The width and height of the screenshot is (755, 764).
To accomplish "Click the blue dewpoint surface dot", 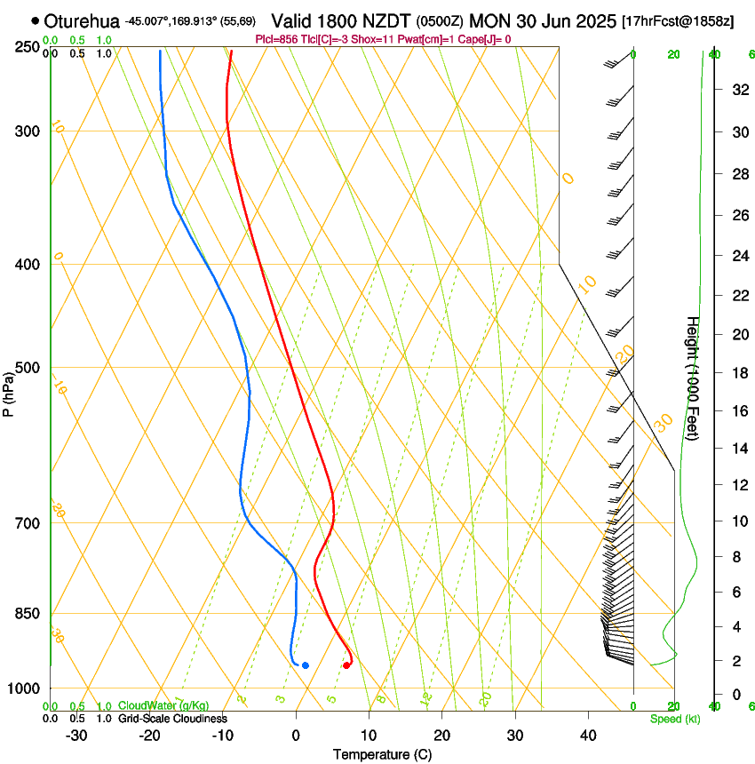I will (x=305, y=665).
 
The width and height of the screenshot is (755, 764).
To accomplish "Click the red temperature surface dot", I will (x=346, y=665).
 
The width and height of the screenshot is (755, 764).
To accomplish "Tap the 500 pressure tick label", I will (x=28, y=368).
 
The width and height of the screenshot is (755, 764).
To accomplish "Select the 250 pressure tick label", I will (x=28, y=47).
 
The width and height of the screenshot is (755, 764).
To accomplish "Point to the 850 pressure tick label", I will (x=28, y=613).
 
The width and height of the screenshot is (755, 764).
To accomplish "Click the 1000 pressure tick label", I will (x=24, y=688).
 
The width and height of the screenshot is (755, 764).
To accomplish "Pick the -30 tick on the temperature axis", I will (x=76, y=735).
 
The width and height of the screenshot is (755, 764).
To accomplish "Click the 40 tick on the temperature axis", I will (x=588, y=735).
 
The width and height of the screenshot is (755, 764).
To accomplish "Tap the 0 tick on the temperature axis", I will (x=296, y=735).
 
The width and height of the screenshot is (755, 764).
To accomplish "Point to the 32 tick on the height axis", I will (x=737, y=90).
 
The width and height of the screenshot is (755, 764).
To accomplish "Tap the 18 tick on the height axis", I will (x=737, y=373).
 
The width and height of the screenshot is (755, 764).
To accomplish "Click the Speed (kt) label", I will (x=675, y=718).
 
